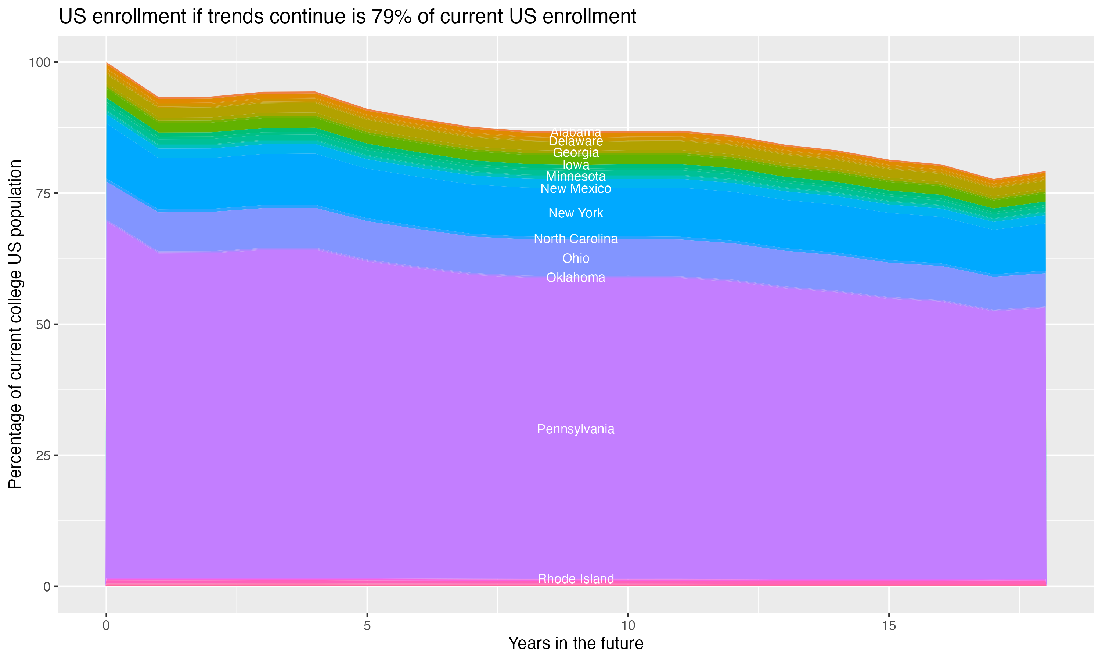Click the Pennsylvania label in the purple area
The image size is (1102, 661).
click(576, 429)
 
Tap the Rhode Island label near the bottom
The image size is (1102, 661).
click(576, 579)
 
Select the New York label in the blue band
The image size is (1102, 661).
click(576, 213)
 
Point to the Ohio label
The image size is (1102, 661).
click(576, 259)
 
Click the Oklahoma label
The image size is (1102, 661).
click(576, 278)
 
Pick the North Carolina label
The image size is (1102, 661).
click(576, 239)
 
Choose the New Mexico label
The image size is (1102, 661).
click(576, 188)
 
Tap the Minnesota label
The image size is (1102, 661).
click(576, 176)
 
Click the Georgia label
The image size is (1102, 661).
click(576, 153)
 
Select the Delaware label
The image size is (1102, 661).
click(576, 141)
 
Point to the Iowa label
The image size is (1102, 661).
click(576, 165)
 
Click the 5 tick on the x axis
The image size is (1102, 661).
click(367, 626)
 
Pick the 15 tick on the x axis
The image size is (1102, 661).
click(889, 626)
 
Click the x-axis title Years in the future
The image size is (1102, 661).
click(576, 643)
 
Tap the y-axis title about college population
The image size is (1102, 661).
click(15, 324)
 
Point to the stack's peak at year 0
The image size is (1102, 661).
click(107, 63)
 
